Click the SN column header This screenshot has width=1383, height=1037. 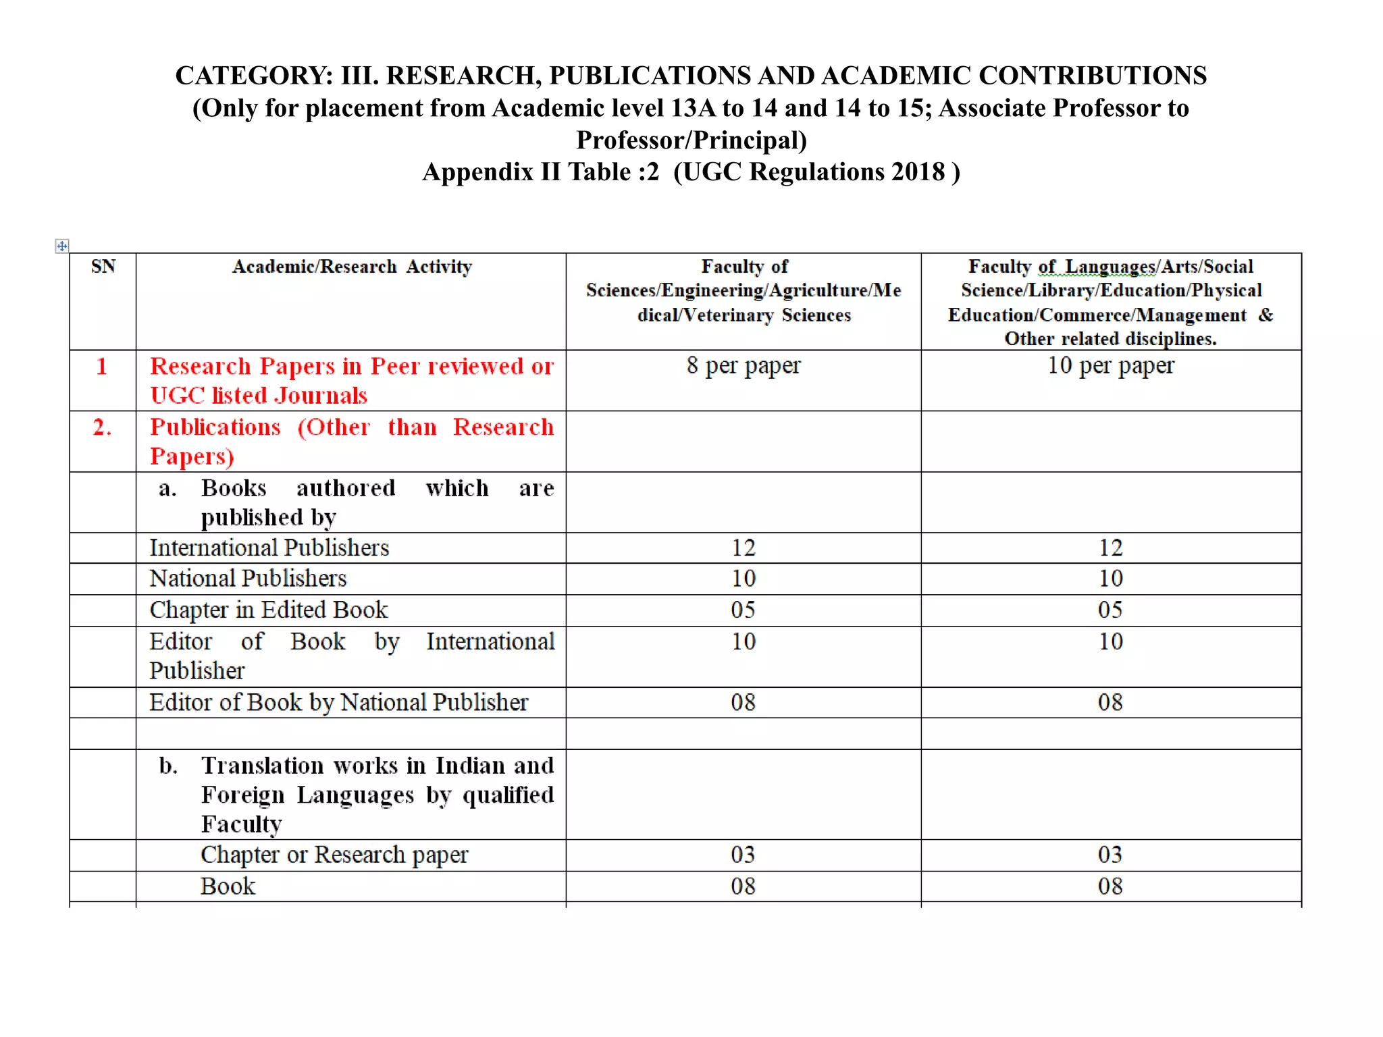click(103, 267)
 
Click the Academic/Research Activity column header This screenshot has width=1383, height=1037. click(351, 267)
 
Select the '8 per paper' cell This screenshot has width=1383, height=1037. click(743, 365)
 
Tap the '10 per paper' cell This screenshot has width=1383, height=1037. click(1111, 365)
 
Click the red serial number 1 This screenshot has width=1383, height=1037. click(102, 366)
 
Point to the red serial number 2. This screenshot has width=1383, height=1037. click(102, 427)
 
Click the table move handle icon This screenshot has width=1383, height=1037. click(61, 246)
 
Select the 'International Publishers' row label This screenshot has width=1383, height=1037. click(269, 548)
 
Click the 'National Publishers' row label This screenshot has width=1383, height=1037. click(248, 579)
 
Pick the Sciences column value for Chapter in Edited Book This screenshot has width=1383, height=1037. click(743, 610)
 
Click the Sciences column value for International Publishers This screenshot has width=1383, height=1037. click(743, 548)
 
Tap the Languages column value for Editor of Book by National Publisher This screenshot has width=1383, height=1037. click(1110, 702)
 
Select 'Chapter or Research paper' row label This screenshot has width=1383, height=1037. click(334, 855)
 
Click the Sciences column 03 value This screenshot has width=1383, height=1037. click(743, 855)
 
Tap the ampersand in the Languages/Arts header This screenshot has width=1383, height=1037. click(1265, 315)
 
